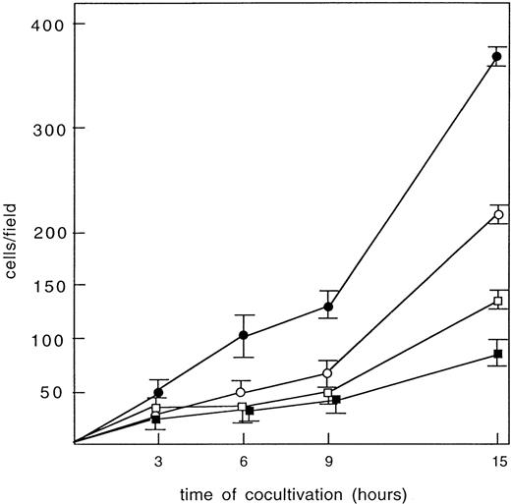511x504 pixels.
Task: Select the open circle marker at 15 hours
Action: tap(498, 214)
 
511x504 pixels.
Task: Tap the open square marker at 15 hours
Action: tap(498, 302)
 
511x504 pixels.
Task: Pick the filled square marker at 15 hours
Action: tap(498, 354)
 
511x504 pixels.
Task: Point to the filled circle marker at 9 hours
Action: tap(328, 307)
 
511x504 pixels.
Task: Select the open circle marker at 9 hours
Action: tap(328, 373)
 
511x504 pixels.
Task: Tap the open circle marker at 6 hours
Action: tap(243, 392)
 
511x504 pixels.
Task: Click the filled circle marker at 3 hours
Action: tap(158, 392)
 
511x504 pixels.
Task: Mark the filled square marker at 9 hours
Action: tap(335, 400)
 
